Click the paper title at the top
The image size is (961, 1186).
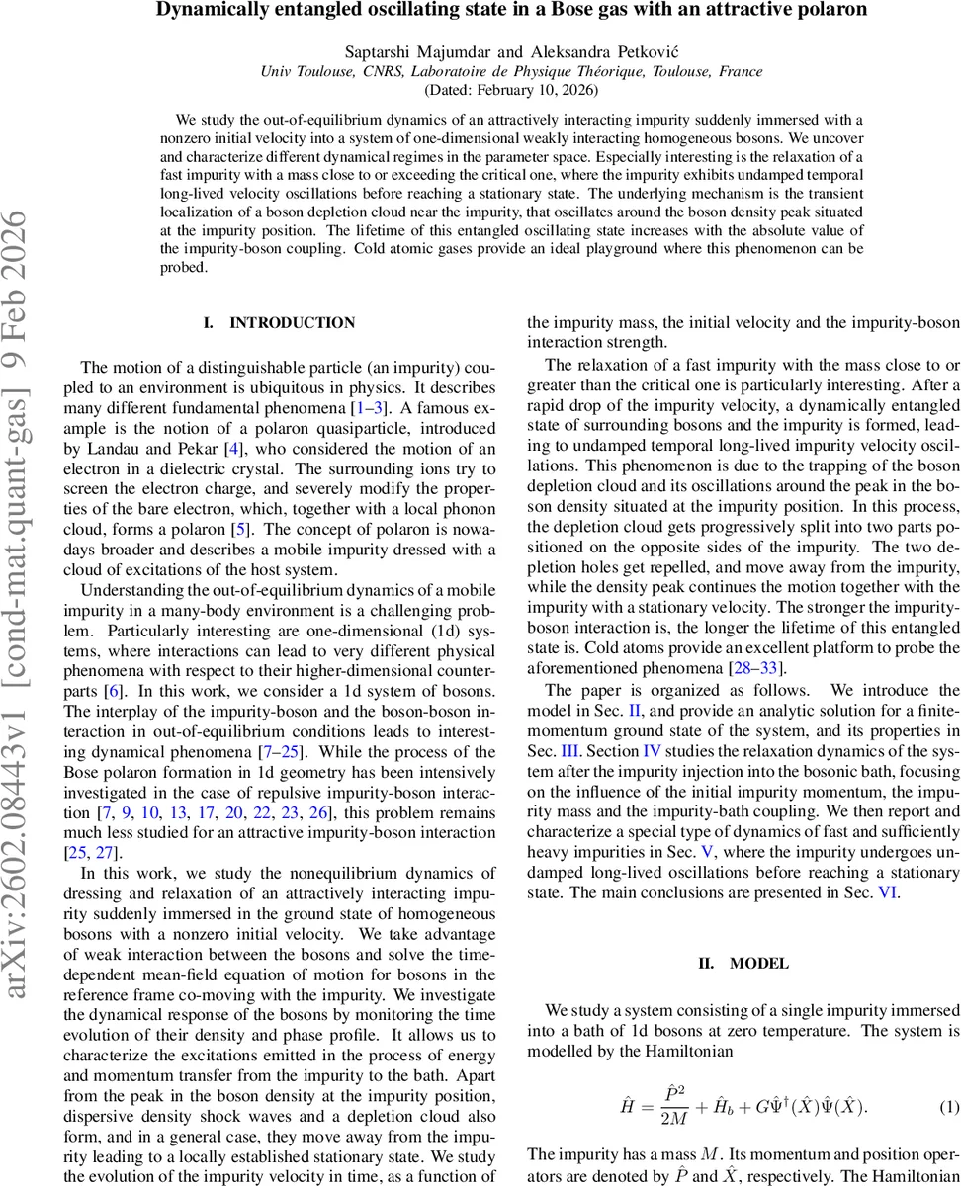tap(511, 11)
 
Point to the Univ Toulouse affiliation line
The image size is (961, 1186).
tap(511, 70)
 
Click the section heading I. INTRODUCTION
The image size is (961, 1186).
tap(278, 323)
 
